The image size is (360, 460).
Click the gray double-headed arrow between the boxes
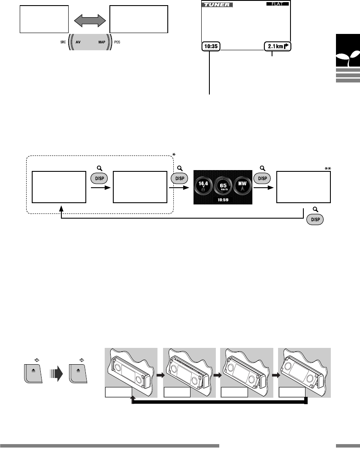click(x=89, y=20)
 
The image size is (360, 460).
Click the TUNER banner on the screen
click(x=216, y=5)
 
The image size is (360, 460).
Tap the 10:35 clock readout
click(x=210, y=46)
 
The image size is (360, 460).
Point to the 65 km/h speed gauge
click(x=223, y=186)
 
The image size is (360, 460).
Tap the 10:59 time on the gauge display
click(x=223, y=200)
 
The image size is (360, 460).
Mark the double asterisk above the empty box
click(x=328, y=169)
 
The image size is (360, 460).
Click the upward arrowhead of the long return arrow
click(x=133, y=399)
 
